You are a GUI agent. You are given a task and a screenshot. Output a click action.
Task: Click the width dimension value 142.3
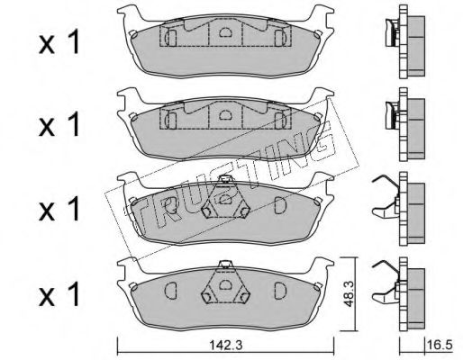pos(225,346)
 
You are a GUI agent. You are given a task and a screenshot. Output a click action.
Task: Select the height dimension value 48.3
pos(349,294)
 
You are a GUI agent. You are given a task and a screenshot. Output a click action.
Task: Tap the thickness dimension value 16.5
pos(440,345)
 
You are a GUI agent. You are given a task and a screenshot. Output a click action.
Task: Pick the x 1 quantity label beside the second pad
pos(59,124)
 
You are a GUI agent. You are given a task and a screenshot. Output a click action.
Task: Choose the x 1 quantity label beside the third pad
pos(59,209)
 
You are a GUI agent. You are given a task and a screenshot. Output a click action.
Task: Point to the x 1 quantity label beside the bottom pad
pos(59,294)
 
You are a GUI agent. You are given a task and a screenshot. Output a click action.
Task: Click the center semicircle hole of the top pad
pos(224,32)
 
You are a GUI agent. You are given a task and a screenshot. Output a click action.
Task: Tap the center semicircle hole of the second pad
pos(224,114)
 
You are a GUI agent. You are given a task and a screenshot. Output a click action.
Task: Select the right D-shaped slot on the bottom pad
pos(280,291)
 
